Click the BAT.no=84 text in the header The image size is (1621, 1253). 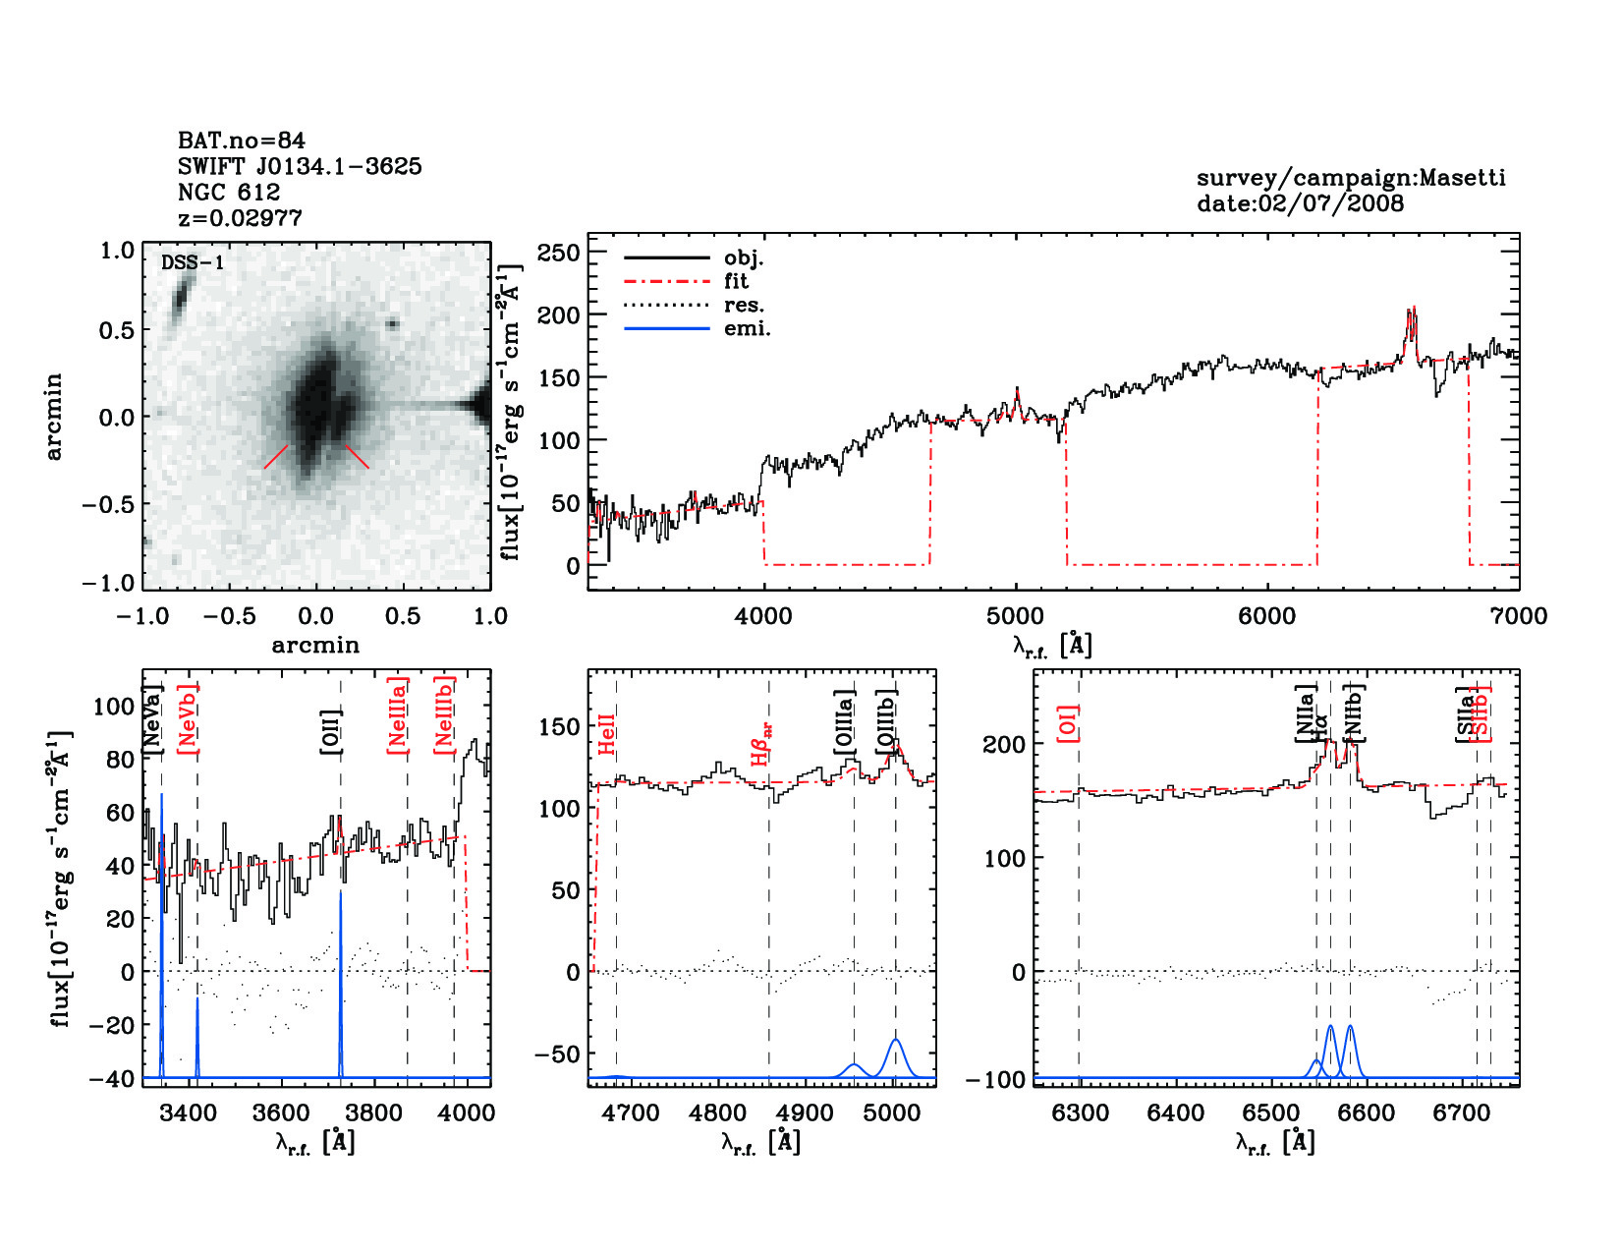[241, 141]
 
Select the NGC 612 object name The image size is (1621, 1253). [229, 192]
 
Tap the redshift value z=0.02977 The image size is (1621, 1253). [240, 217]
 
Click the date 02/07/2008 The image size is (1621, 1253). [1330, 203]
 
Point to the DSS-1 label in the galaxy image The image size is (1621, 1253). [193, 262]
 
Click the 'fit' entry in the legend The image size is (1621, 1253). [736, 281]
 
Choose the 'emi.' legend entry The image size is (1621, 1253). [747, 328]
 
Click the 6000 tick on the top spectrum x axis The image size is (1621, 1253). [1266, 616]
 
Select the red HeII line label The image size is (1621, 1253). [607, 734]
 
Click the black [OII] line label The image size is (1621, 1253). [331, 731]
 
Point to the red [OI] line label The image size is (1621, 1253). [1069, 722]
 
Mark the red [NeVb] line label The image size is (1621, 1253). [188, 718]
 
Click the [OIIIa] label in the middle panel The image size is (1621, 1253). [844, 722]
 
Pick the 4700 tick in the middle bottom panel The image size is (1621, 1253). [631, 1112]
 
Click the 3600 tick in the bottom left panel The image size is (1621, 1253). [281, 1112]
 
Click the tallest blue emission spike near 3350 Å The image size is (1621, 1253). [162, 796]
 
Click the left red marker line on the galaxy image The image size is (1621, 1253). [276, 456]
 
